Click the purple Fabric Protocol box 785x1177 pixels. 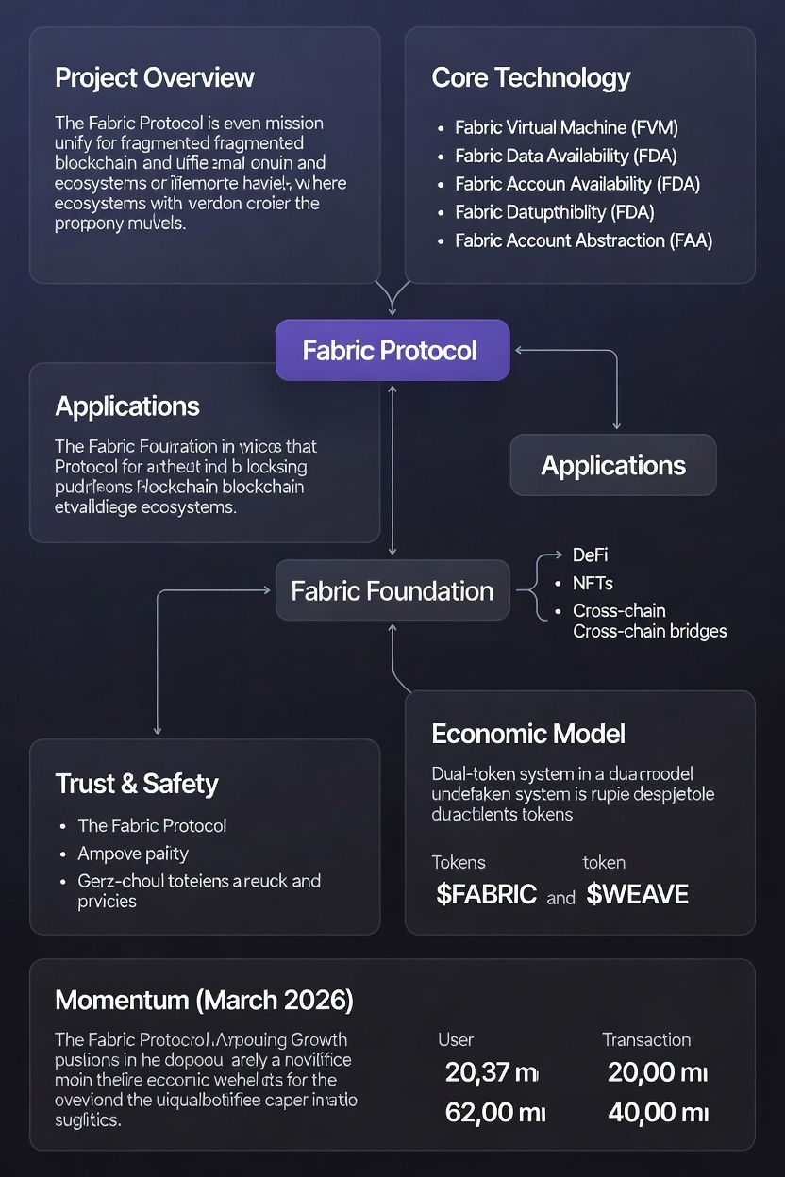(x=392, y=351)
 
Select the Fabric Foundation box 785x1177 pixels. (x=392, y=591)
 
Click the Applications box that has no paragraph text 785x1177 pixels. (x=613, y=465)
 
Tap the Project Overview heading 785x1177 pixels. (x=155, y=77)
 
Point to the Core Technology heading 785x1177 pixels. (x=530, y=77)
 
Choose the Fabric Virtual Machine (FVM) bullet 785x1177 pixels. (x=566, y=127)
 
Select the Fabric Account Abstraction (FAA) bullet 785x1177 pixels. (x=583, y=240)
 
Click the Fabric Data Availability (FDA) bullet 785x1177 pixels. (x=565, y=156)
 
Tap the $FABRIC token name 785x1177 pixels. (x=486, y=894)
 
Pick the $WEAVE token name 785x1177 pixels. (x=637, y=894)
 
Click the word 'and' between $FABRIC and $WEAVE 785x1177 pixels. (x=560, y=898)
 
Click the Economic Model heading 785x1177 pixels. (x=528, y=734)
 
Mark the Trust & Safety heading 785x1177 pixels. (x=137, y=784)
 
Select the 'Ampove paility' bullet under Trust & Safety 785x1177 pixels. (x=133, y=854)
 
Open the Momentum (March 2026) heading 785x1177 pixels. (x=204, y=1001)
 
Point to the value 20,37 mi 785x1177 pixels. (x=491, y=1072)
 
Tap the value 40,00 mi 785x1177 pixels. (x=658, y=1113)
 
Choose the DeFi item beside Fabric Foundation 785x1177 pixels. (x=590, y=555)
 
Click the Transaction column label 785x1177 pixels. (x=646, y=1040)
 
